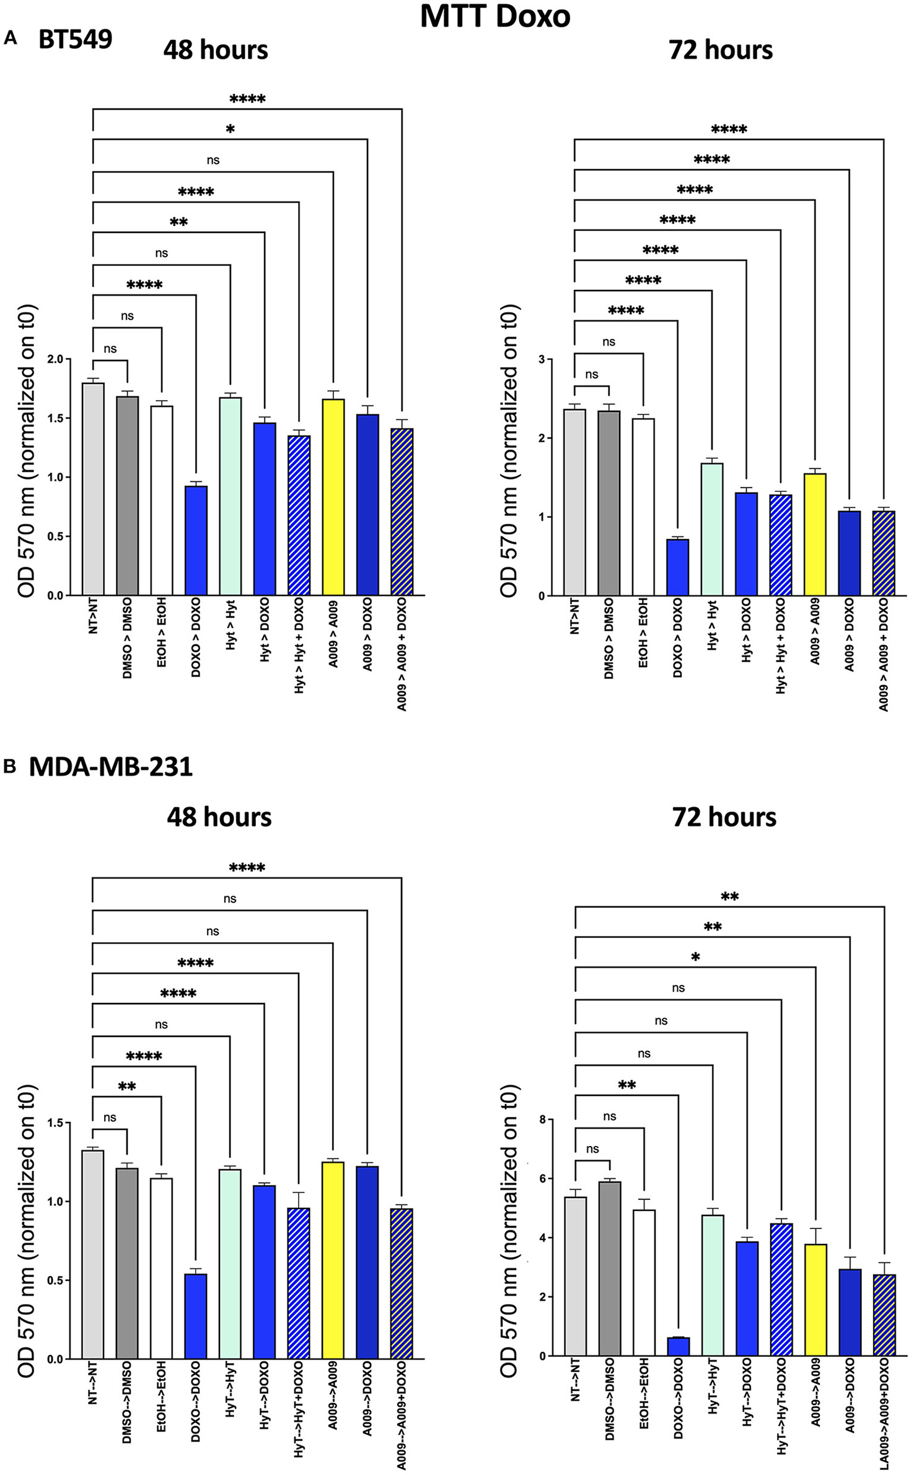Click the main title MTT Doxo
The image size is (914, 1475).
pyautogui.click(x=494, y=16)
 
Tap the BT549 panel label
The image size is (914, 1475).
pyautogui.click(x=75, y=40)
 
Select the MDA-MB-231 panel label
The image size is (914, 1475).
pyautogui.click(x=110, y=767)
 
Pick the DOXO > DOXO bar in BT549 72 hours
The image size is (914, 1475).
pyautogui.click(x=677, y=567)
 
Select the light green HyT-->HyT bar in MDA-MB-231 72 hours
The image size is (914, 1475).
pyautogui.click(x=713, y=1285)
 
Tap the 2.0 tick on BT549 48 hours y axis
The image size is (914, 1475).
pyautogui.click(x=55, y=359)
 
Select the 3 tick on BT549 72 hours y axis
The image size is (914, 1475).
pyautogui.click(x=542, y=359)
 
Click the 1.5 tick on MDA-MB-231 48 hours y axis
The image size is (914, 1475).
pyautogui.click(x=55, y=1123)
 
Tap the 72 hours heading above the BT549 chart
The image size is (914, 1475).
pyautogui.click(x=720, y=50)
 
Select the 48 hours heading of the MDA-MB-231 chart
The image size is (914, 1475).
pyautogui.click(x=219, y=817)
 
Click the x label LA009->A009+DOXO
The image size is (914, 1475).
pyautogui.click(x=884, y=1413)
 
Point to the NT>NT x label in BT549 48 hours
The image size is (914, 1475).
pyautogui.click(x=93, y=615)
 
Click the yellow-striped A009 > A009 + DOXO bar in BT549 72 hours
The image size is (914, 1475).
pyautogui.click(x=883, y=553)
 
